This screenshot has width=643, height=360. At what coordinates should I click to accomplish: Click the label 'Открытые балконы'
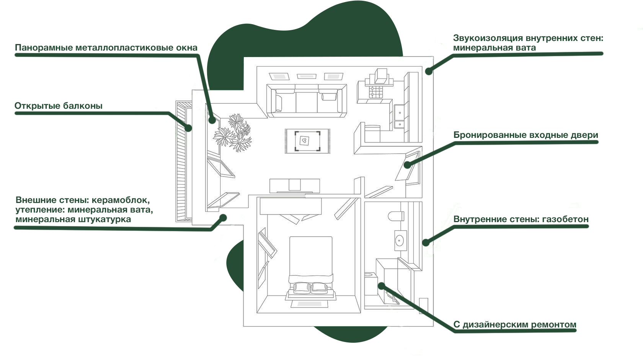(x=58, y=106)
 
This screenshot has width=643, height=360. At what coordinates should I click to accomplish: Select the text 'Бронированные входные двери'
(x=525, y=135)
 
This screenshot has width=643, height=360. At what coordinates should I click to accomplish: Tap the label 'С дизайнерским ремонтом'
(x=515, y=324)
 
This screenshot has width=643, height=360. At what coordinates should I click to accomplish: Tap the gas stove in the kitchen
(x=376, y=92)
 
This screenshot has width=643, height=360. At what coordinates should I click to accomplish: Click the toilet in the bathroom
(x=396, y=216)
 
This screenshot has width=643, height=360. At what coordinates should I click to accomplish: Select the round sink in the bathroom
(x=400, y=240)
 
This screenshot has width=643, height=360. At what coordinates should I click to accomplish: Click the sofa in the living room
(x=307, y=101)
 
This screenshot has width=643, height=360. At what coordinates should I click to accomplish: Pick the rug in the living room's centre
(x=307, y=141)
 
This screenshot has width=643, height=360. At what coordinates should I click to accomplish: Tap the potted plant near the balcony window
(x=233, y=133)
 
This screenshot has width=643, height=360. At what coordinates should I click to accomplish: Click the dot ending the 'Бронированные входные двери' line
(x=407, y=165)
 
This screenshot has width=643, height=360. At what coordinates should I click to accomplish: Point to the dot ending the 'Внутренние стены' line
(x=426, y=242)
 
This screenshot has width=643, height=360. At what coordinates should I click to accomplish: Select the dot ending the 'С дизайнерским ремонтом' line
(x=381, y=286)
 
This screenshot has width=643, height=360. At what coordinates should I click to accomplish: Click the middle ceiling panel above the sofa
(x=307, y=76)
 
